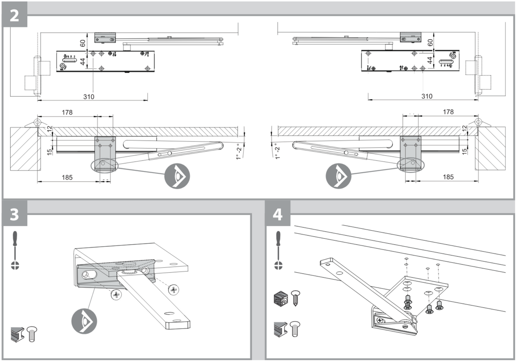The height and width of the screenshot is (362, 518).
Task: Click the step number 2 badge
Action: tap(14, 15)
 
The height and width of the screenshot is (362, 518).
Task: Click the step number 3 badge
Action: tap(14, 214)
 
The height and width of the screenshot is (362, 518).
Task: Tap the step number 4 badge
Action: tap(277, 214)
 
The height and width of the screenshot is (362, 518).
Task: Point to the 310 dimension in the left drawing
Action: tap(89, 97)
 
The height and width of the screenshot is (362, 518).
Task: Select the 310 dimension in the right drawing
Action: tap(427, 96)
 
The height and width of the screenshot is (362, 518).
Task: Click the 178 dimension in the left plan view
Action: tap(67, 112)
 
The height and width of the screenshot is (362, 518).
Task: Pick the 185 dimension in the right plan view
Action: tap(448, 177)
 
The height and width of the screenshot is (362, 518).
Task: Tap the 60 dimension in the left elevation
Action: tap(83, 43)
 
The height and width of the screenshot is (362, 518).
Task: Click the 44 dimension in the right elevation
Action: tap(430, 60)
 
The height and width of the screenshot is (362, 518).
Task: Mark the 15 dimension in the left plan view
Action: tap(49, 152)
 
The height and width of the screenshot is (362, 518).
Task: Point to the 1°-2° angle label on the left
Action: tap(239, 152)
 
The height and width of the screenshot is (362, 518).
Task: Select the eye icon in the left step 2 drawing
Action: tap(177, 176)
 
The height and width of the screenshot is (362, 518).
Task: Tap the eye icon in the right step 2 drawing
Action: tap(338, 176)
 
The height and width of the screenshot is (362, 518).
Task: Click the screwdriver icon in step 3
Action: tap(15, 250)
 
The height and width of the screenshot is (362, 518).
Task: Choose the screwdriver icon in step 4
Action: tap(278, 250)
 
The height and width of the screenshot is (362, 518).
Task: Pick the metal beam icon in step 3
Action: tap(17, 334)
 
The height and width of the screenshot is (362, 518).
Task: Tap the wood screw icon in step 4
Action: tap(295, 298)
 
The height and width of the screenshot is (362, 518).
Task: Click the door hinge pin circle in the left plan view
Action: tap(37, 122)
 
